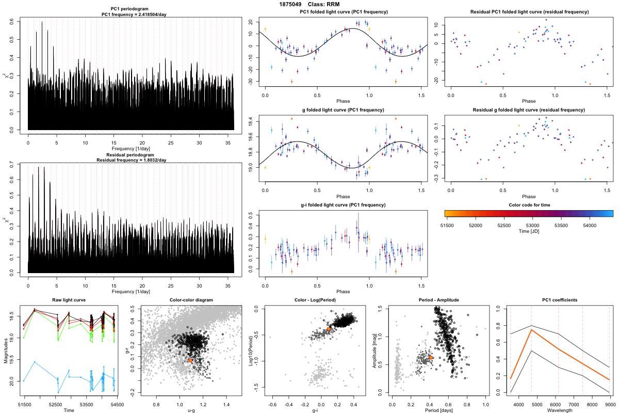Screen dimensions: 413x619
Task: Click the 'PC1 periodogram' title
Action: coord(131,10)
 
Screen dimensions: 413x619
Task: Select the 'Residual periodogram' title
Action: coord(131,154)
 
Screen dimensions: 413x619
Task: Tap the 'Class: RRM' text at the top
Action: coord(331,4)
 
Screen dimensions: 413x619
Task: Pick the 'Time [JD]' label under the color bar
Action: coord(529,232)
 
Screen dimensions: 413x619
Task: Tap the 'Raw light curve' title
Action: coord(69,300)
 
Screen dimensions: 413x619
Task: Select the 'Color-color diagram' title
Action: coord(191,300)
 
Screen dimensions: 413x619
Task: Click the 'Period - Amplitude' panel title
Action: coord(437,300)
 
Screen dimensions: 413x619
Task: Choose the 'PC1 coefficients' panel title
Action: coord(560,300)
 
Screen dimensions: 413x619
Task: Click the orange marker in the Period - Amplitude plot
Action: coord(431,357)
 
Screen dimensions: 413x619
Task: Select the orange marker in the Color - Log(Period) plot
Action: coord(329,328)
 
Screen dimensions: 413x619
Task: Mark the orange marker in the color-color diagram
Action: coord(191,360)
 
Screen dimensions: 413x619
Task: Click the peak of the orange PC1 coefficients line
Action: coord(531,329)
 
